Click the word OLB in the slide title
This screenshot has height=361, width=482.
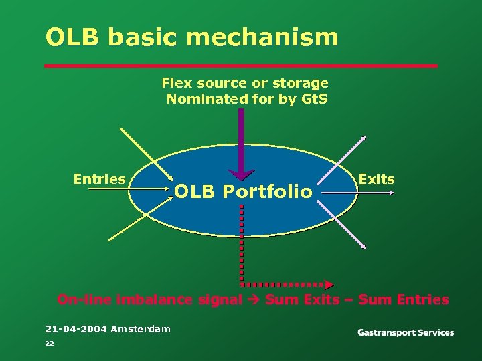click(72, 37)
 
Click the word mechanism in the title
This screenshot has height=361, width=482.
click(262, 37)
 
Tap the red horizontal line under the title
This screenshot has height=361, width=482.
click(241, 66)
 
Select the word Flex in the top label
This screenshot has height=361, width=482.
click(177, 83)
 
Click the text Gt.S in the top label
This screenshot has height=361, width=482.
click(313, 99)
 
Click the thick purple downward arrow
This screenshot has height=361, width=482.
click(241, 144)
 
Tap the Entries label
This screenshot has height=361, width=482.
click(99, 178)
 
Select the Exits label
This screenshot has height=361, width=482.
click(376, 178)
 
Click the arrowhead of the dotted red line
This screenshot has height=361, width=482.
click(328, 284)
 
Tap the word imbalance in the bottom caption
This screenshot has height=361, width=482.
click(154, 299)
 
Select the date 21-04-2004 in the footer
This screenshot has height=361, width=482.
click(76, 329)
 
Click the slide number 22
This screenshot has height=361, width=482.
click(49, 343)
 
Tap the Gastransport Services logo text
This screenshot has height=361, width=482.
click(405, 332)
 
